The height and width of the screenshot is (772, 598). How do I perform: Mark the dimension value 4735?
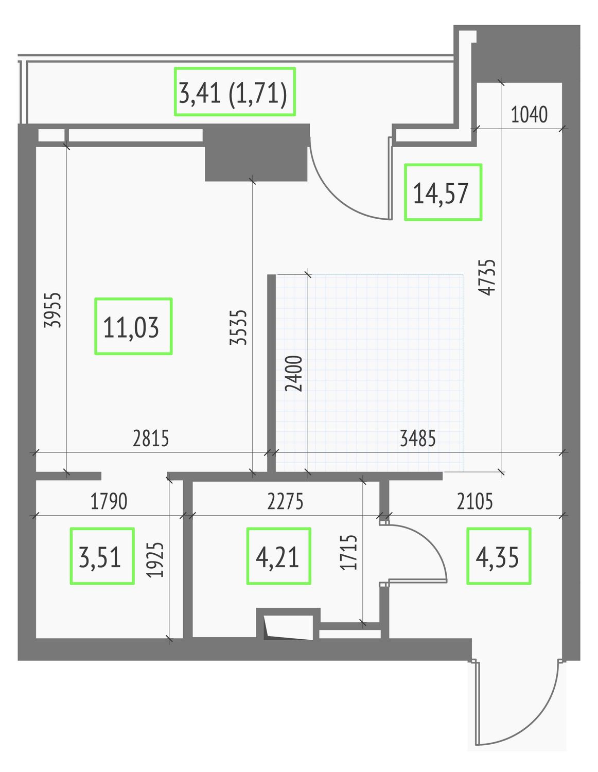(x=487, y=277)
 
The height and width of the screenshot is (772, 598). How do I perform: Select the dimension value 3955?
(x=52, y=310)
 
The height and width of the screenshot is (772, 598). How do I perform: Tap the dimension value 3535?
(x=238, y=327)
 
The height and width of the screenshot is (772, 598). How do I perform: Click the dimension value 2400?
(x=294, y=373)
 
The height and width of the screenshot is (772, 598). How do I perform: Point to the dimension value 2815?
(x=151, y=438)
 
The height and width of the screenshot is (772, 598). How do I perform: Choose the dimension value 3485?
(x=417, y=438)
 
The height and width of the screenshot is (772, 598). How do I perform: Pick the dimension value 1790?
(x=109, y=501)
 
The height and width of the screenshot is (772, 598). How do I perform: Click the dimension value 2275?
(x=285, y=501)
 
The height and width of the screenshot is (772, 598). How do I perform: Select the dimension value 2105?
(x=474, y=501)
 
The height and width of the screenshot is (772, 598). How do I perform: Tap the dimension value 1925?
(x=155, y=559)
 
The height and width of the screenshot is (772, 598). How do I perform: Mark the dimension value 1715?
(x=348, y=552)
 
